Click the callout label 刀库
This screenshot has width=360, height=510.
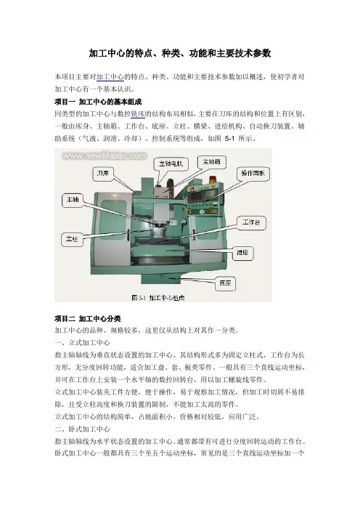point(103,174)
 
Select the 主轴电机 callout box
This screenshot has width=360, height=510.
point(171,163)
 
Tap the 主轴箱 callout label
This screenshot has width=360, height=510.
point(212,162)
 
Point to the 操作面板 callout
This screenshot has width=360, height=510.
point(253,173)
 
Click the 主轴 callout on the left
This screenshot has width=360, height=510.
point(73,200)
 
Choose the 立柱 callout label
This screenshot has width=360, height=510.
point(72,240)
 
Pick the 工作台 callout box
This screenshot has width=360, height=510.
point(251,222)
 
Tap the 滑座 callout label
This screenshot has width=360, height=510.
point(242,253)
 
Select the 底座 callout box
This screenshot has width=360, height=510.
point(225,283)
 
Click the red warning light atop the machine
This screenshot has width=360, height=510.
point(213,179)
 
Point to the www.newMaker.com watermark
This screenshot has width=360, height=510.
point(105,156)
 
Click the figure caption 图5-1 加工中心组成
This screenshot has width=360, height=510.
point(158,298)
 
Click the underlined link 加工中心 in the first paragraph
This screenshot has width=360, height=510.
point(110,77)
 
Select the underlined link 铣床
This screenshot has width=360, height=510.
point(138,114)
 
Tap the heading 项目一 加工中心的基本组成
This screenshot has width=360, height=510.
point(98,102)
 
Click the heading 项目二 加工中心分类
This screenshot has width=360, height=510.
point(88,318)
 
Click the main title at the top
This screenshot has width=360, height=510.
point(180,53)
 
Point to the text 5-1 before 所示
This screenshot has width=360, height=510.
point(229,139)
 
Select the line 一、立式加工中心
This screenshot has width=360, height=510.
point(83,343)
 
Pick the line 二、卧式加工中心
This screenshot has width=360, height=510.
point(83,429)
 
